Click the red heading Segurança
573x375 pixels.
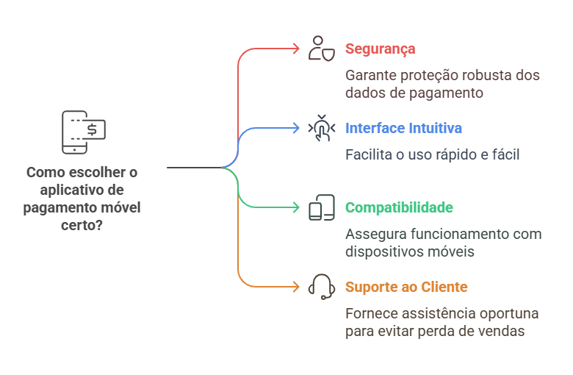(x=380, y=49)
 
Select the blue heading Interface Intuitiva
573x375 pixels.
(x=403, y=129)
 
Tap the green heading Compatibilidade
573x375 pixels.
(x=399, y=208)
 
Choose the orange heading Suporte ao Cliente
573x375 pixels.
(x=406, y=287)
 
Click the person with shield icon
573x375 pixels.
(x=322, y=49)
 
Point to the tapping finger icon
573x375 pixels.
(x=322, y=128)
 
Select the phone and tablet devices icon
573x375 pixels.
(x=322, y=207)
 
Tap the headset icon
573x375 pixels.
(x=322, y=286)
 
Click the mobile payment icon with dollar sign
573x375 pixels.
(x=83, y=132)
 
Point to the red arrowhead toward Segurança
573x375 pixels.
(x=297, y=49)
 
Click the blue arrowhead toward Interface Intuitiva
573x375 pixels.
(x=297, y=129)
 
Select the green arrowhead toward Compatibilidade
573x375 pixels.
(x=297, y=208)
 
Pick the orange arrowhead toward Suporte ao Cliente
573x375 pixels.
(x=297, y=287)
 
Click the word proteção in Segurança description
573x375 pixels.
(x=429, y=76)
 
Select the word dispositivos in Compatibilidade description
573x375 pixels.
(x=381, y=251)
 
